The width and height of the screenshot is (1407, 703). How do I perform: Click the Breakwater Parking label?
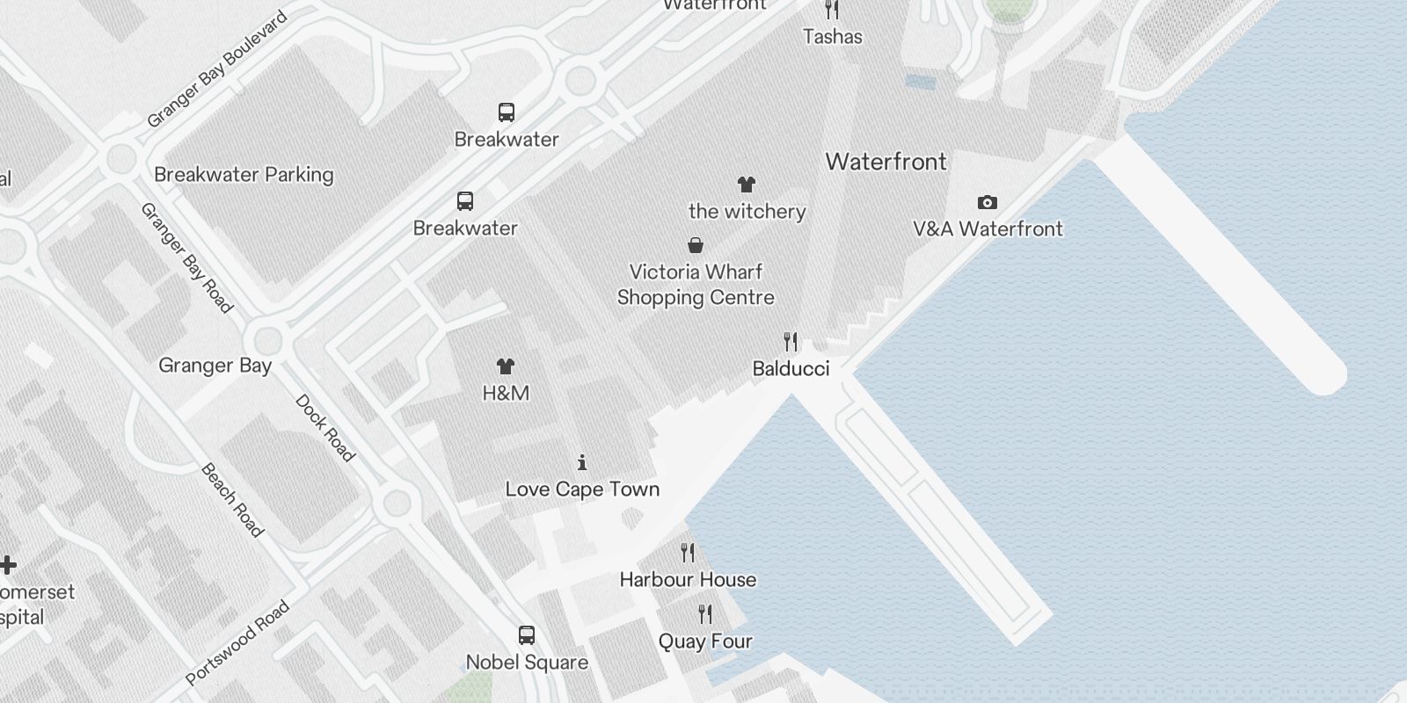(244, 174)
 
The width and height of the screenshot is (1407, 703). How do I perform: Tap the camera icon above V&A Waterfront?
(988, 203)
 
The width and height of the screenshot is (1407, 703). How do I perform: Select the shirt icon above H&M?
(506, 366)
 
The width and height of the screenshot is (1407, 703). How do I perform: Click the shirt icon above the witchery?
(747, 185)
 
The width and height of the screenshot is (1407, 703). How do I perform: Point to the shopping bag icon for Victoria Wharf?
(696, 245)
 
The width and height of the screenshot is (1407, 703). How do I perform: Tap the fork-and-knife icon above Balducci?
(791, 341)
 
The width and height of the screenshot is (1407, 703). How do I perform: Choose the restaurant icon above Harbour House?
(688, 553)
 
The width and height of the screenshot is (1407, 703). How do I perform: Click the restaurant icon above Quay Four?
(705, 613)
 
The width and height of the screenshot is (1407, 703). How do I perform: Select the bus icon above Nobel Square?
(527, 635)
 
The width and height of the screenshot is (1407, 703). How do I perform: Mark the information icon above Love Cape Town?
(582, 462)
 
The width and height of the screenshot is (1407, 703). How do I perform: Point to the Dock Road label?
(324, 428)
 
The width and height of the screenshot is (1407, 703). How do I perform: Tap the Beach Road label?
(232, 500)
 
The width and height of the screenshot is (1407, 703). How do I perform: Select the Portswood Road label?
(237, 642)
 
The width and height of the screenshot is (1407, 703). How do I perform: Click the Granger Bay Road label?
(187, 257)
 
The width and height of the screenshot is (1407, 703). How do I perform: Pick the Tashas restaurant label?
(833, 36)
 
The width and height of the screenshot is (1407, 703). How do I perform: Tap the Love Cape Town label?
(582, 489)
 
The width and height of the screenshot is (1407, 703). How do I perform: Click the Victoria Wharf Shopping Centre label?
(696, 285)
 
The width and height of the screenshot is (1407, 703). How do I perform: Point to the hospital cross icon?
(8, 565)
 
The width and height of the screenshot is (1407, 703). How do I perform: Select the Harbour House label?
(688, 579)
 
